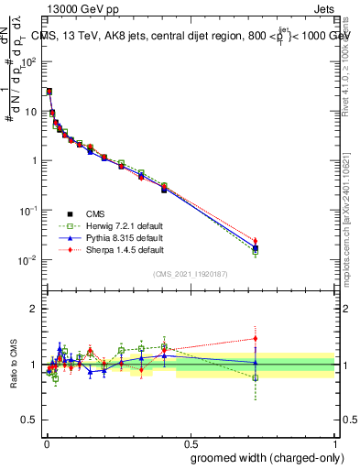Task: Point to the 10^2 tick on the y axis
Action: coord(29,62)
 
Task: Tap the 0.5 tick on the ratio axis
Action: coord(30,420)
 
